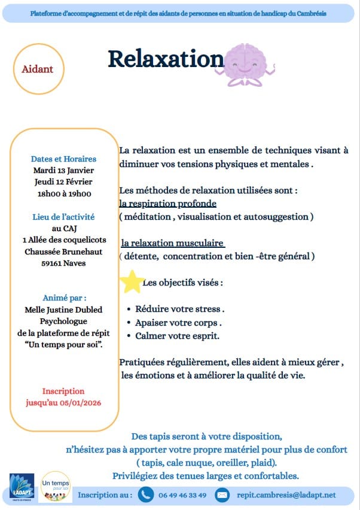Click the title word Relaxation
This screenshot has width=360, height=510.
point(165,59)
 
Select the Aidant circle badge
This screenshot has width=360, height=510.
point(38,69)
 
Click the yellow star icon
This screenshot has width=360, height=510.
point(132,281)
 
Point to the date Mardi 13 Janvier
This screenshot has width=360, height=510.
point(63,170)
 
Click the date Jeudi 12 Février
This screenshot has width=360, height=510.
point(63,181)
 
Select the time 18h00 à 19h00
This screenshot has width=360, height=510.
point(63,193)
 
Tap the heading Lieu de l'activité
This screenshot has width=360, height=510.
point(63,217)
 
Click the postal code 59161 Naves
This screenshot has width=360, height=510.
point(63,263)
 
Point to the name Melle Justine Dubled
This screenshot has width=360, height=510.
point(63,309)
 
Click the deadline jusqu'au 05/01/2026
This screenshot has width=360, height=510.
point(63,402)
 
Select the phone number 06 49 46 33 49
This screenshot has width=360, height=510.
point(182,495)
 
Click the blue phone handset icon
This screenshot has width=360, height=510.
point(145,495)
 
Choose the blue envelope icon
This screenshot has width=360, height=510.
point(222,495)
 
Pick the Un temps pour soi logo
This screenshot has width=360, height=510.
point(56,487)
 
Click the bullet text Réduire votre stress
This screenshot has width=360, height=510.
point(179,309)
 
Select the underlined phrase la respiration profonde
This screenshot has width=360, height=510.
point(167,204)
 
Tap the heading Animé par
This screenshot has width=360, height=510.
point(65,297)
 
